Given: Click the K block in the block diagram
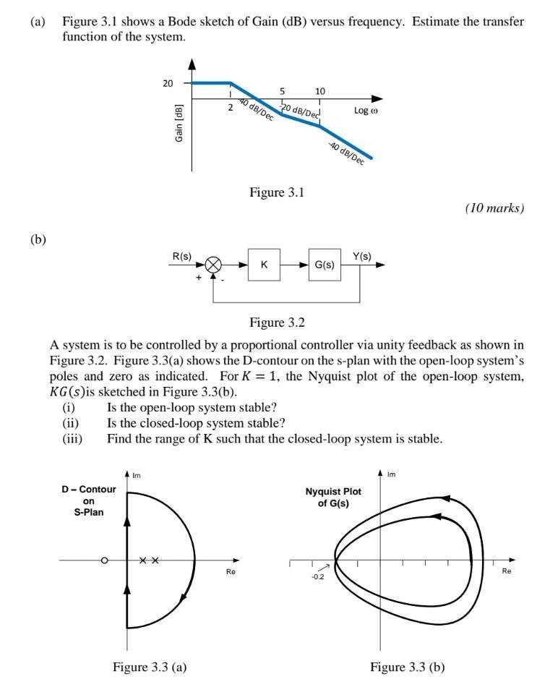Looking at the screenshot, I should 264,265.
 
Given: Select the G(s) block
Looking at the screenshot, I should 325,265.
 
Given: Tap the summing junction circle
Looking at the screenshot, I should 213,265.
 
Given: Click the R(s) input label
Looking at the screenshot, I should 181,255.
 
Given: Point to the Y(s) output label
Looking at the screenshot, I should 362,255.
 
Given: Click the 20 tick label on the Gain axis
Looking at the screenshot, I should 168,83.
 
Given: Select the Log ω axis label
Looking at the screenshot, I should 366,111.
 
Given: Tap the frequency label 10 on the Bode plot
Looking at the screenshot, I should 320,91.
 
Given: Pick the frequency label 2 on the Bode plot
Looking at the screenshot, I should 230,108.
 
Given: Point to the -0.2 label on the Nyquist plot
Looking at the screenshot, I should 317,577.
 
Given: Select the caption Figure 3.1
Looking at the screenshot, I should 278,192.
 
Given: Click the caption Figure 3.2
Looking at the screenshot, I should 278,323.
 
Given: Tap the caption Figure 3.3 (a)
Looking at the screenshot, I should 150,667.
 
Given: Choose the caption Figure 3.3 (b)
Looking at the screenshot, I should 408,667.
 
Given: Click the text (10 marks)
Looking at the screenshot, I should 494,208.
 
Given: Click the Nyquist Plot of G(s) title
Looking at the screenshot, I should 333,498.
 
